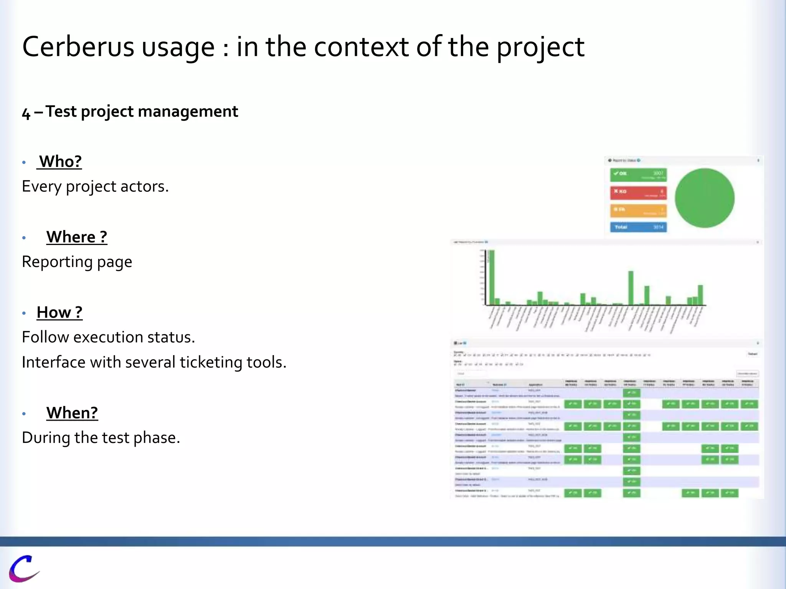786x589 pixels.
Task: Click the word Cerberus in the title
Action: coord(78,47)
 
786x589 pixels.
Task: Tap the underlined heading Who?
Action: coord(60,161)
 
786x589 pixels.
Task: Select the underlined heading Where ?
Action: coord(77,237)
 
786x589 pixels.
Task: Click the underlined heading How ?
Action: coord(59,313)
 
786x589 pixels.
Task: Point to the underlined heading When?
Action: coord(72,413)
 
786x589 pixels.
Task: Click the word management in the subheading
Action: coord(188,112)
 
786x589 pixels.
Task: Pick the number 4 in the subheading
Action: coord(26,113)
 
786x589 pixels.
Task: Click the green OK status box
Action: coord(638,175)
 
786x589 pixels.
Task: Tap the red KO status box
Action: coord(638,192)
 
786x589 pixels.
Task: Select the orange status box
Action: coord(638,210)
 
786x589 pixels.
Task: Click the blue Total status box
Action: coord(638,227)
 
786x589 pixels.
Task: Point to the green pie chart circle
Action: coord(705,198)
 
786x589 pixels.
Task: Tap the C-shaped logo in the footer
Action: coord(24,568)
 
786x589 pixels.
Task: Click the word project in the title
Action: coord(540,47)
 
